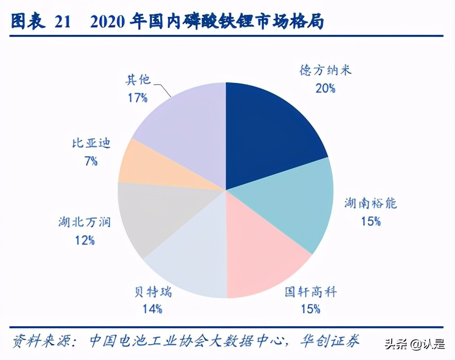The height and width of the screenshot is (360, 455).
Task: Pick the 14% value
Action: tap(151, 309)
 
